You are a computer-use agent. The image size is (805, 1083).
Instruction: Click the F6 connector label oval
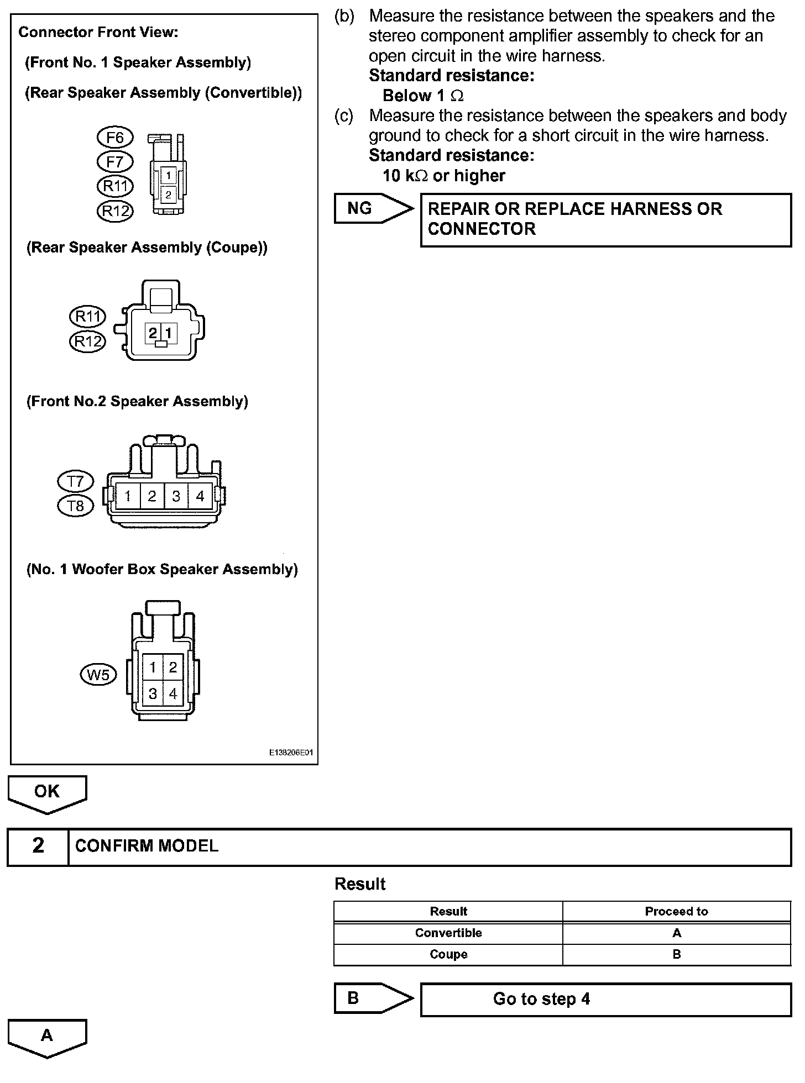(115, 137)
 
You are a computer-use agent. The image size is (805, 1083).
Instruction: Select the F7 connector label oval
(115, 162)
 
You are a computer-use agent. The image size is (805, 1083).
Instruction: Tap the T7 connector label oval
(75, 482)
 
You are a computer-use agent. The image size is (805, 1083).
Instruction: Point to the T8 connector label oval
(75, 506)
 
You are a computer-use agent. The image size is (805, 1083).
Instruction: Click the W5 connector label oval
(98, 675)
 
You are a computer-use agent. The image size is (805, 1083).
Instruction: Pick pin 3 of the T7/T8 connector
(176, 496)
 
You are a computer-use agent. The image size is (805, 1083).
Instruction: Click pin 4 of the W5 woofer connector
(173, 693)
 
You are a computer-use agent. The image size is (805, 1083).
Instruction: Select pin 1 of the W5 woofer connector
(153, 668)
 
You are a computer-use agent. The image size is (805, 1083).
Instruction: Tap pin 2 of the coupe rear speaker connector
(153, 333)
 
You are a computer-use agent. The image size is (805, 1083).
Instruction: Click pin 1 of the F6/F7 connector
(168, 176)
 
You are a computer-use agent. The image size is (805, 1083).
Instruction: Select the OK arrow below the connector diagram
(47, 793)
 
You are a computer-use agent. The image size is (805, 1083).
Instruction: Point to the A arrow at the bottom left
(47, 1037)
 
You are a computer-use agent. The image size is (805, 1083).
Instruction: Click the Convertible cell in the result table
(448, 933)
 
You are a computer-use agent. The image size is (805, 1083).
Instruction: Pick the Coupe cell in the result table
(448, 955)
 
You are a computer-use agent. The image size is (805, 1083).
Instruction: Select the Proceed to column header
(676, 912)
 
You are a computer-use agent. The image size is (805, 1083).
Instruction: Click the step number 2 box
(38, 846)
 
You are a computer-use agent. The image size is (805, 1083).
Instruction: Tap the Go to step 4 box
(605, 999)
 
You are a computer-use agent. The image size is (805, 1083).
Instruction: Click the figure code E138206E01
(291, 753)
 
